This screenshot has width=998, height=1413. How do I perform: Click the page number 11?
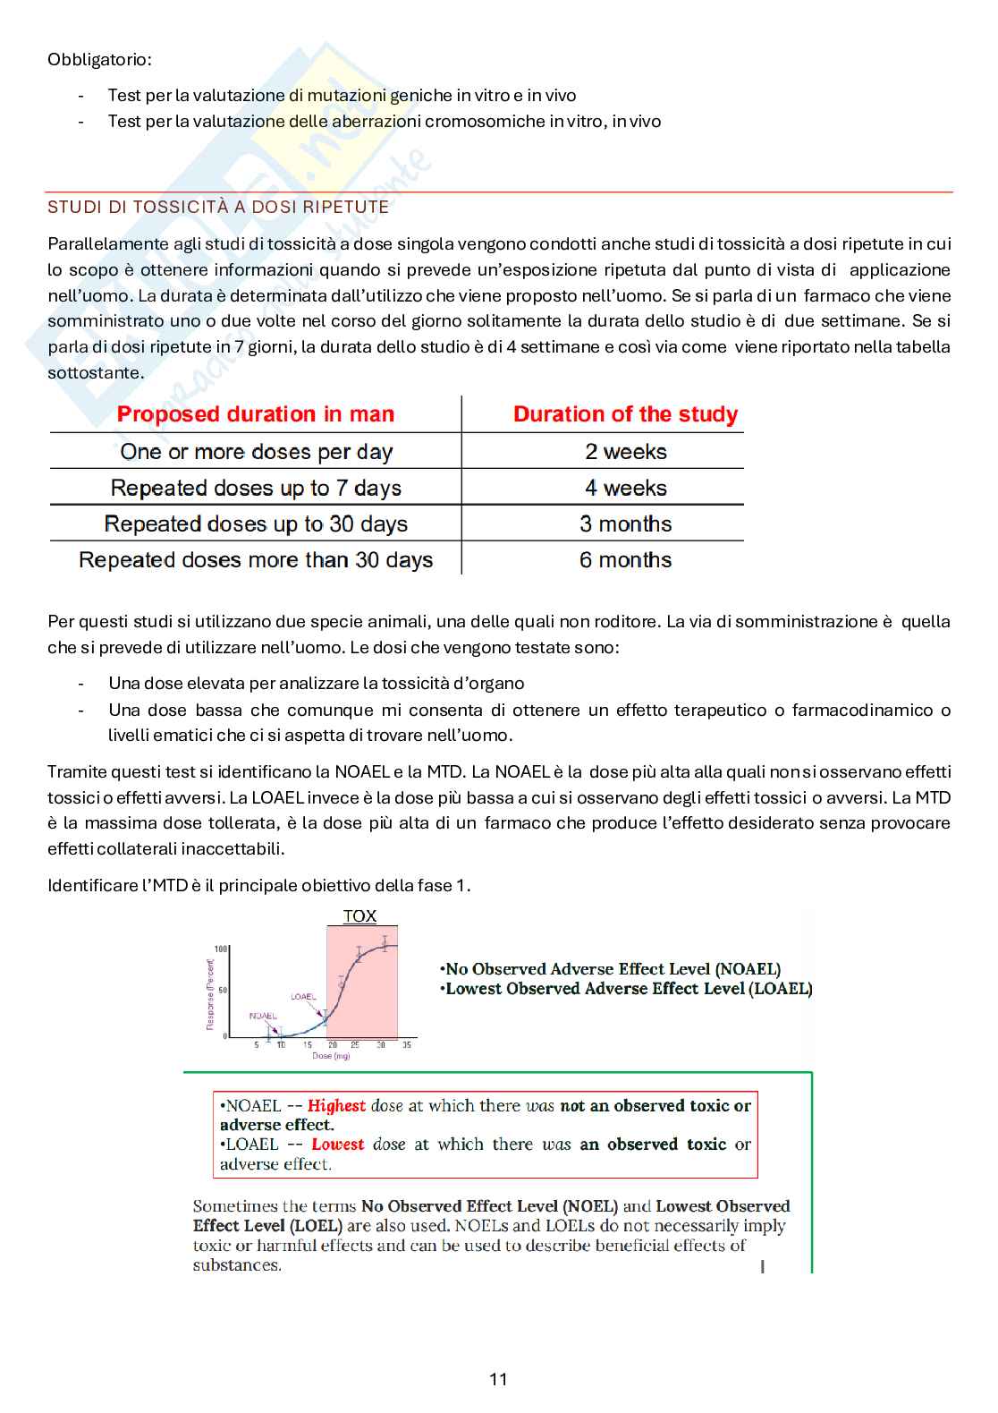(498, 1379)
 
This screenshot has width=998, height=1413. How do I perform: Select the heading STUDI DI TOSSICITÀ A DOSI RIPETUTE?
(218, 207)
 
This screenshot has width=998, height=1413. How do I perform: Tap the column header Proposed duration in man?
(256, 414)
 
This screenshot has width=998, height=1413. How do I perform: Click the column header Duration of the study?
(625, 414)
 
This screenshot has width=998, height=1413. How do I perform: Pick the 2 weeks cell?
(625, 452)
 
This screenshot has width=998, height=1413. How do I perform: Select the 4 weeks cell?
(625, 488)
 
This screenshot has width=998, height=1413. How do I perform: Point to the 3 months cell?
(625, 523)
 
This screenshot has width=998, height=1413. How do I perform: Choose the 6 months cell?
(625, 560)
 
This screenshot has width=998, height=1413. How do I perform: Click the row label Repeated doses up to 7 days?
(256, 488)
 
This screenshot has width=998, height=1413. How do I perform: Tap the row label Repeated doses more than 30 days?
(256, 560)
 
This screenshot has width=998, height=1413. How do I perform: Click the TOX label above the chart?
(359, 916)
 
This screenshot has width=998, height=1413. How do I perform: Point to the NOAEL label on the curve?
(263, 1016)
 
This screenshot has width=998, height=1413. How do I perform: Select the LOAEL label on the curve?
(303, 996)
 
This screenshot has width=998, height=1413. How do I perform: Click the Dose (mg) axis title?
(331, 1056)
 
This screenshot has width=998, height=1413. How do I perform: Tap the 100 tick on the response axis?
(220, 949)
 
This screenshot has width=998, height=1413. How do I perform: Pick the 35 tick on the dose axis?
(407, 1045)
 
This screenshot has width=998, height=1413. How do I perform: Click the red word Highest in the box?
(336, 1106)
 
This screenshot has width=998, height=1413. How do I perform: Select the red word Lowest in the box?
(337, 1145)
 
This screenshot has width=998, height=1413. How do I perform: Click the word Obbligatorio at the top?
(99, 60)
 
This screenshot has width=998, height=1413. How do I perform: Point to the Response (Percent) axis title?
(211, 994)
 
